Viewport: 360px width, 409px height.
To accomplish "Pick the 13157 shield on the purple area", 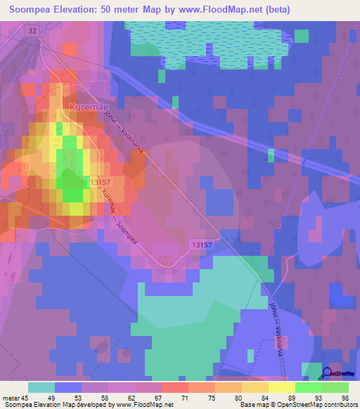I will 200,244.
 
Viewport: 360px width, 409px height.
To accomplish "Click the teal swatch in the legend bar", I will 41,387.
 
